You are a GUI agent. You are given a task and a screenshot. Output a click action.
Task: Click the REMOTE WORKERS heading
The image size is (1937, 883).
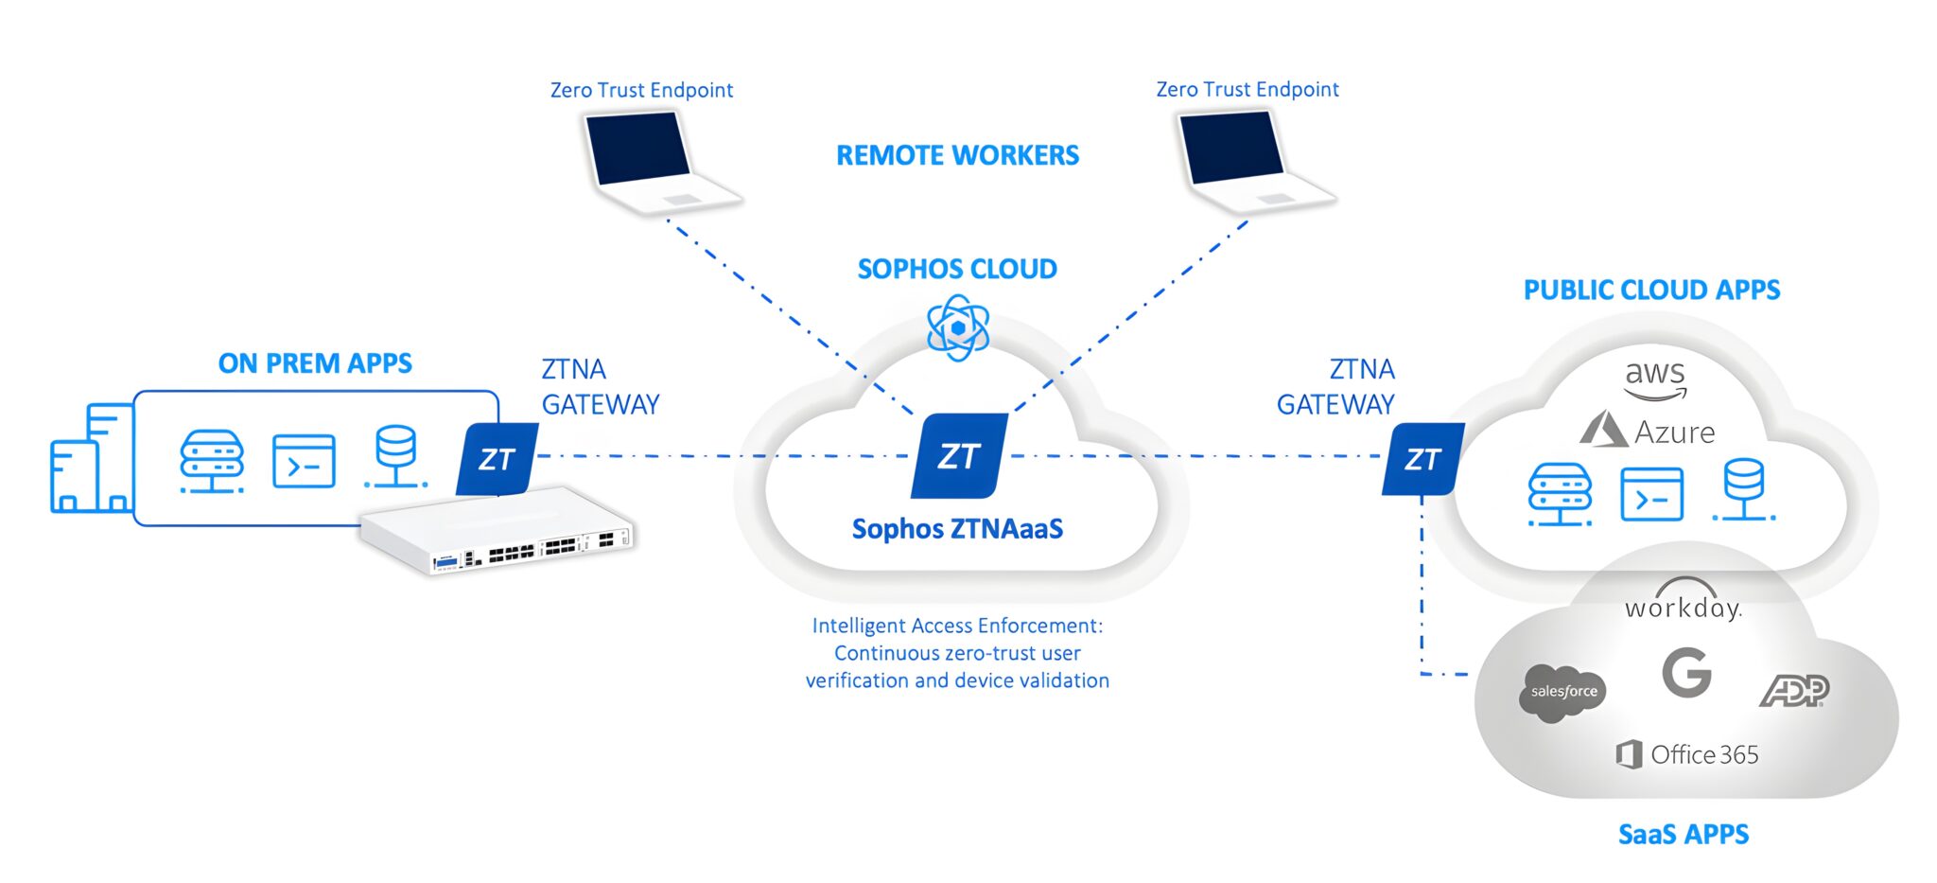click(957, 155)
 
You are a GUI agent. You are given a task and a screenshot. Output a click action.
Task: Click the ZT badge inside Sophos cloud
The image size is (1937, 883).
click(959, 456)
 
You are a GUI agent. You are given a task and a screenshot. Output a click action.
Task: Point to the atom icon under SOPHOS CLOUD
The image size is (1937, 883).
click(958, 327)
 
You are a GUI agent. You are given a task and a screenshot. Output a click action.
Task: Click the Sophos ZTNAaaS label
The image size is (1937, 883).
click(957, 529)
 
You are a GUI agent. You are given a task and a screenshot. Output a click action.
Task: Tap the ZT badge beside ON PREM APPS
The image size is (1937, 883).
click(497, 459)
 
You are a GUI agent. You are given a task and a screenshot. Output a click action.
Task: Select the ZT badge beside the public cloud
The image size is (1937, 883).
click(1422, 459)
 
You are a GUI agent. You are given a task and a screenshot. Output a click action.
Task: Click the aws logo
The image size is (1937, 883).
click(1655, 379)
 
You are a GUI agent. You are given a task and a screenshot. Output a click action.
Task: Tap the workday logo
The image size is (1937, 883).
click(1684, 602)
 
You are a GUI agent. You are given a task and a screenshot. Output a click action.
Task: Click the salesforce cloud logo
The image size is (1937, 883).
click(1562, 693)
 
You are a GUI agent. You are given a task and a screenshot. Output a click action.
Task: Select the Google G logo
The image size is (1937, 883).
click(1686, 673)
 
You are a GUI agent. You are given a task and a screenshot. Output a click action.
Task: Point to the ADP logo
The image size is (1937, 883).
click(1794, 691)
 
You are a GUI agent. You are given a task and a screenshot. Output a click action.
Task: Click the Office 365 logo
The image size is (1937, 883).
click(1687, 754)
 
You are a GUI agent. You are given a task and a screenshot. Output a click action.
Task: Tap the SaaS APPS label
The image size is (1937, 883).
click(1684, 835)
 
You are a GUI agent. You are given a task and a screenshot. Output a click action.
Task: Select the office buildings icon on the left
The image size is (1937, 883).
click(92, 460)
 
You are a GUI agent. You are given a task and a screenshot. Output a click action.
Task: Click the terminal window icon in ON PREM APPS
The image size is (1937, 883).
click(304, 462)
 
